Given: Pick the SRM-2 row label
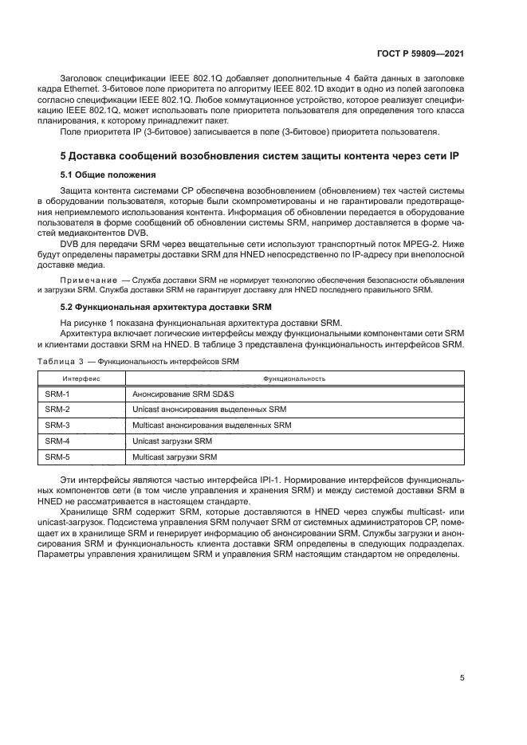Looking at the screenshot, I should pos(57,410).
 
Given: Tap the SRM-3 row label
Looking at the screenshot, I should pos(57,425).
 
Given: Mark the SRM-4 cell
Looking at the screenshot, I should pos(57,441).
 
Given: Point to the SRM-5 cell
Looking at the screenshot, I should pos(57,457).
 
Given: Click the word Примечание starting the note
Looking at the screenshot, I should pos(88,281).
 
